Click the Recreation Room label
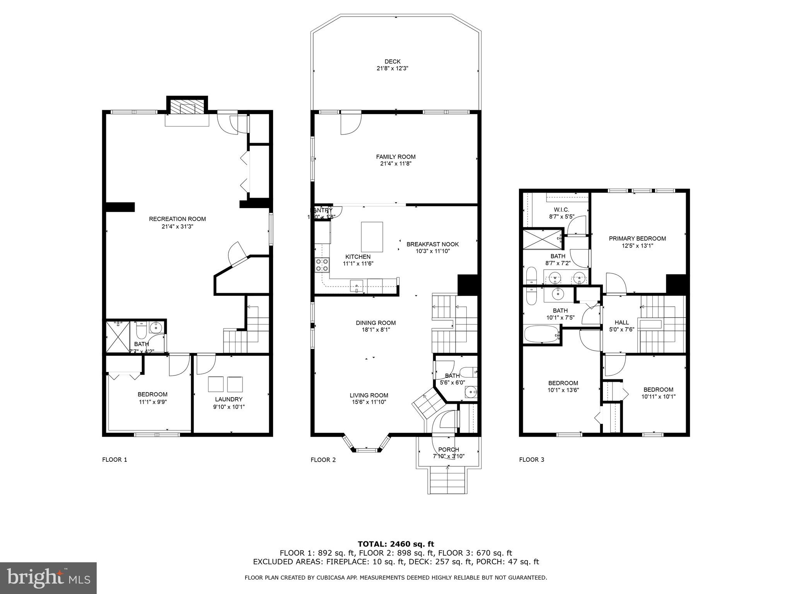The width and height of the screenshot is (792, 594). point(177,219)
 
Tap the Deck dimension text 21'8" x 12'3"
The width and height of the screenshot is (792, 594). point(392,68)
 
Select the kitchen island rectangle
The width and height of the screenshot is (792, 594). point(372,237)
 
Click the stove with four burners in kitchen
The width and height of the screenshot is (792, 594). point(322,265)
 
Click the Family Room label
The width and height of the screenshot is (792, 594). point(396,157)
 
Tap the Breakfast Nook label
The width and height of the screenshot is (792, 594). point(432,244)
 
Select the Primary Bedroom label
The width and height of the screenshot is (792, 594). point(637,238)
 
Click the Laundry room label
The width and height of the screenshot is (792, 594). point(229,399)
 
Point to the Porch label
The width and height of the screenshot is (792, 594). point(448,449)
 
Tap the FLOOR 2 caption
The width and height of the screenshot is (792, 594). point(323,459)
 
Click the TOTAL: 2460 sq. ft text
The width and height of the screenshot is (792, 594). point(396,544)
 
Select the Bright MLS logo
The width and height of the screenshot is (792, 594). point(48,578)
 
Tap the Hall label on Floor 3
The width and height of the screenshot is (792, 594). point(621,322)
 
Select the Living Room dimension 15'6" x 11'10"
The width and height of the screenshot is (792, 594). point(369,402)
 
